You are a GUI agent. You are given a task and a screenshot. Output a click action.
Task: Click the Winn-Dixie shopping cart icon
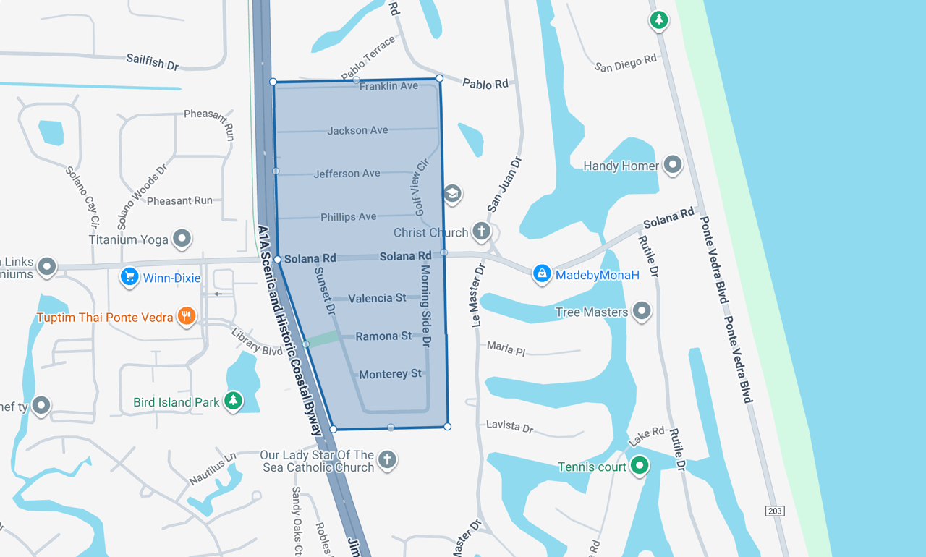coord(129,277)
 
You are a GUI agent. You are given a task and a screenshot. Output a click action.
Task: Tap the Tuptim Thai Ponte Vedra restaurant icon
coord(187,316)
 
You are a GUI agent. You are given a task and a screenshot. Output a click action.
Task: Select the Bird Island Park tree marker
coord(233,401)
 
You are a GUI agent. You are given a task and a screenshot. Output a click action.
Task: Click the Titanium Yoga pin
coord(182,238)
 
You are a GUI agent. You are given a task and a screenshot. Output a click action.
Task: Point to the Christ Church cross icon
coord(481,231)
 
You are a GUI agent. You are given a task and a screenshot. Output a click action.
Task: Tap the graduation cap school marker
coord(452,193)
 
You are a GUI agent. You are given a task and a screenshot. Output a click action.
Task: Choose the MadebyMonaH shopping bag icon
coord(542,273)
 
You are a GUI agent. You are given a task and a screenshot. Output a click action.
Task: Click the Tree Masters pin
coord(641,311)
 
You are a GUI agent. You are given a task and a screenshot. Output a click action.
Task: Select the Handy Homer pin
coord(673,165)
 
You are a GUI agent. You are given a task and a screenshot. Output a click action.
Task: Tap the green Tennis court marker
coord(639,465)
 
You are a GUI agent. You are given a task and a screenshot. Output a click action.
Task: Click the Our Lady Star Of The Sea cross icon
coord(388,459)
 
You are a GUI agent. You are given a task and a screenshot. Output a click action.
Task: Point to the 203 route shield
coord(775,511)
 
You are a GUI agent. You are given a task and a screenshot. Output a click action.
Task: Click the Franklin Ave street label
coord(388,86)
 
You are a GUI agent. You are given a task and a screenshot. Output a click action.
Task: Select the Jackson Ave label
coord(357,131)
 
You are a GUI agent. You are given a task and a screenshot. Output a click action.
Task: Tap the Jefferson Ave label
coord(347,174)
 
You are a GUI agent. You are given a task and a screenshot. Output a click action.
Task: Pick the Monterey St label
coord(390,374)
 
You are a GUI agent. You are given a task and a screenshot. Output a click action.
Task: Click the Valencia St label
coord(377,298)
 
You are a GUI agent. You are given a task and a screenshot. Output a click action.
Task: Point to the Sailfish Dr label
coord(152,61)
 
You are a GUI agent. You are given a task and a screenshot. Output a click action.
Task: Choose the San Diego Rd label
coord(625,63)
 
